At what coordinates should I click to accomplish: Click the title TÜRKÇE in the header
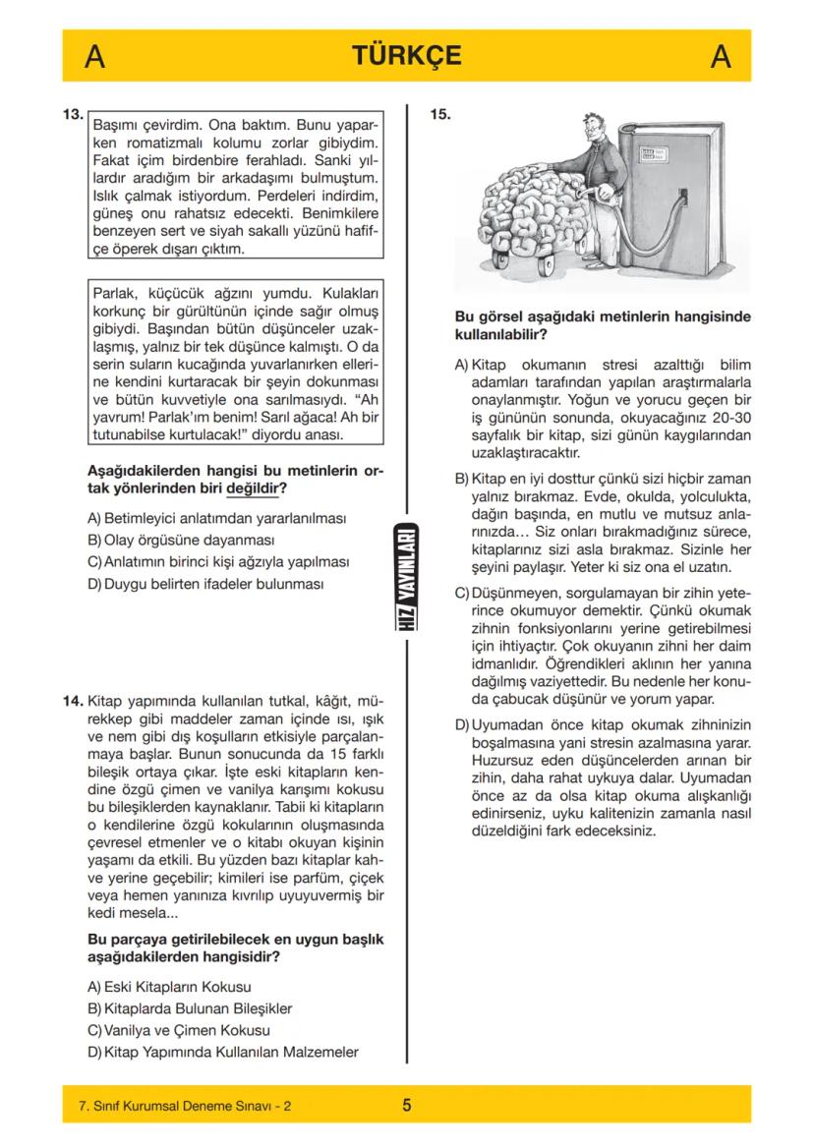click(407, 56)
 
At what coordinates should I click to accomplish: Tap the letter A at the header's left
click(95, 57)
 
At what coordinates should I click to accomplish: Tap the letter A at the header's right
click(720, 57)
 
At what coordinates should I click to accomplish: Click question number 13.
click(72, 114)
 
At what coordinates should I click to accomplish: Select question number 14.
click(72, 702)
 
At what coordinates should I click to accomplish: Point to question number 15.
click(440, 114)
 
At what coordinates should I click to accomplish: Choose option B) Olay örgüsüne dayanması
click(181, 540)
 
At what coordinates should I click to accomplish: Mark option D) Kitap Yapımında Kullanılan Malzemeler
click(223, 1053)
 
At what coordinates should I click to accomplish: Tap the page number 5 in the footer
click(407, 1106)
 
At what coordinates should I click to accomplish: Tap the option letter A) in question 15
click(461, 365)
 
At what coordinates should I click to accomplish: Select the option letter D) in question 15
click(461, 725)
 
